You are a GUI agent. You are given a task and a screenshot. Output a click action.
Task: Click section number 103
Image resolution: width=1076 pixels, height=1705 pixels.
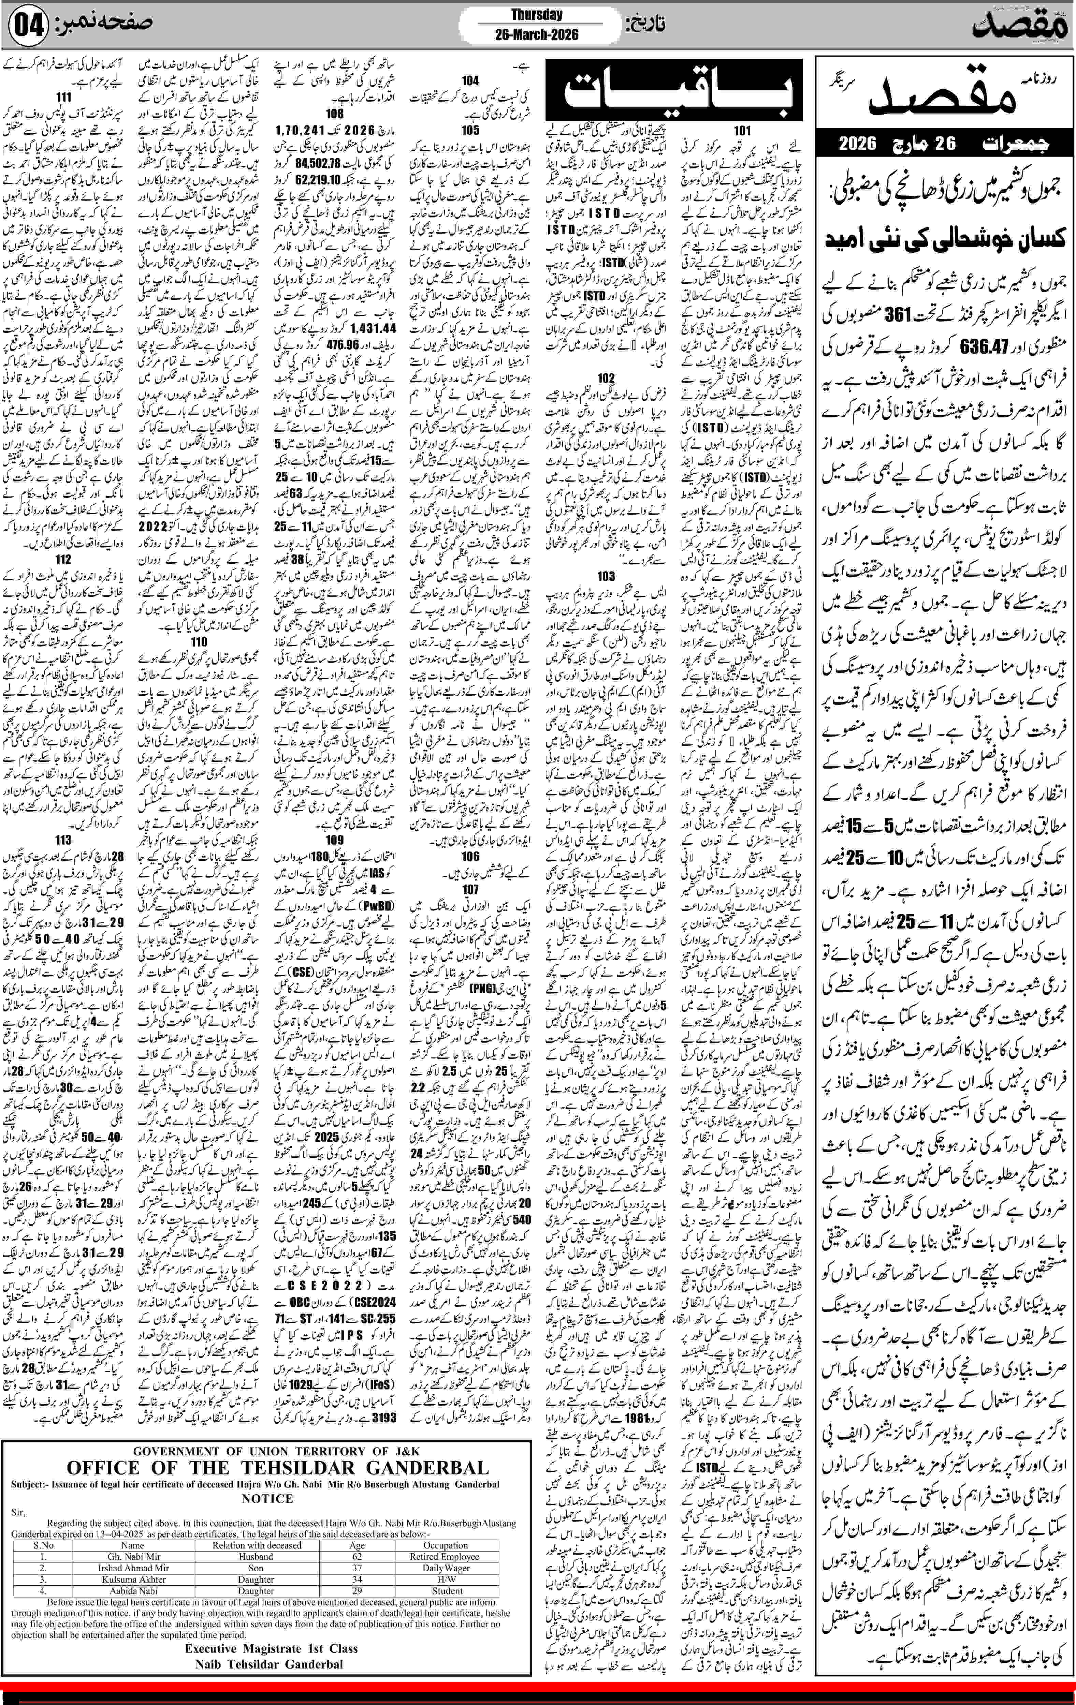tap(606, 576)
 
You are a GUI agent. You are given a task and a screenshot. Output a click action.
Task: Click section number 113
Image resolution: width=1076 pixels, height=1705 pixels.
tap(63, 840)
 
